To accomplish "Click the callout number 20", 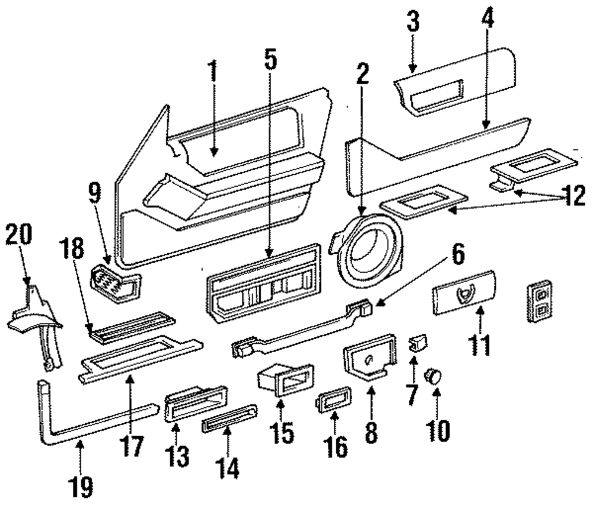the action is click(19, 235).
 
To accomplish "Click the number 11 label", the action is click(480, 345).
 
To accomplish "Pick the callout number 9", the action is click(94, 193).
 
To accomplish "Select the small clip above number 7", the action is click(417, 342).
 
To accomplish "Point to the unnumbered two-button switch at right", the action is click(540, 301).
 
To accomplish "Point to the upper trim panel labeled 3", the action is click(454, 81).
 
